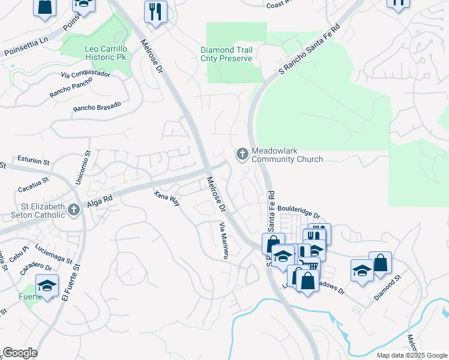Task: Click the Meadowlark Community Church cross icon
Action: [243, 154]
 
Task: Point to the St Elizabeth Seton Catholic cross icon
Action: [73, 209]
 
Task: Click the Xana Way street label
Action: [166, 199]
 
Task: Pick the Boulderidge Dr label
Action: [299, 211]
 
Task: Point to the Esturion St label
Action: [34, 161]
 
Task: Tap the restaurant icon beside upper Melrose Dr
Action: [155, 11]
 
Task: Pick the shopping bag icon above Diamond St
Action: [380, 263]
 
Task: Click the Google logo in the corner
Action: [19, 353]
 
